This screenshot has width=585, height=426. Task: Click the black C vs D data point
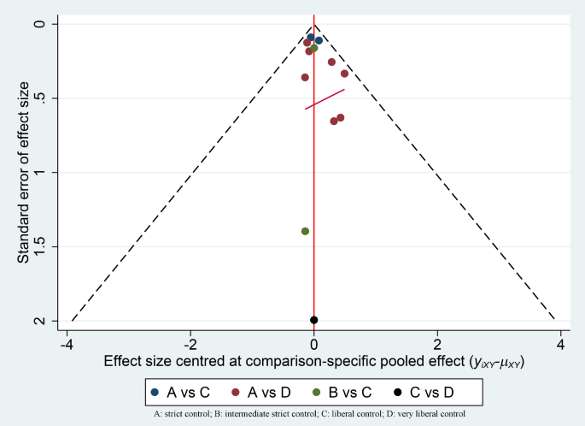pyautogui.click(x=314, y=320)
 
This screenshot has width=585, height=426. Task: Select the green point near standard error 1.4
pyautogui.click(x=305, y=231)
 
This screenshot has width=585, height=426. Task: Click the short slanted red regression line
pyautogui.click(x=325, y=98)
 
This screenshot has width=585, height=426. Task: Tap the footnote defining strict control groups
pyautogui.click(x=313, y=414)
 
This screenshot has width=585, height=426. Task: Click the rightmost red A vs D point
pyautogui.click(x=344, y=74)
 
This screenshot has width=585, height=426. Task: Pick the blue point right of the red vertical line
pyautogui.click(x=319, y=40)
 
